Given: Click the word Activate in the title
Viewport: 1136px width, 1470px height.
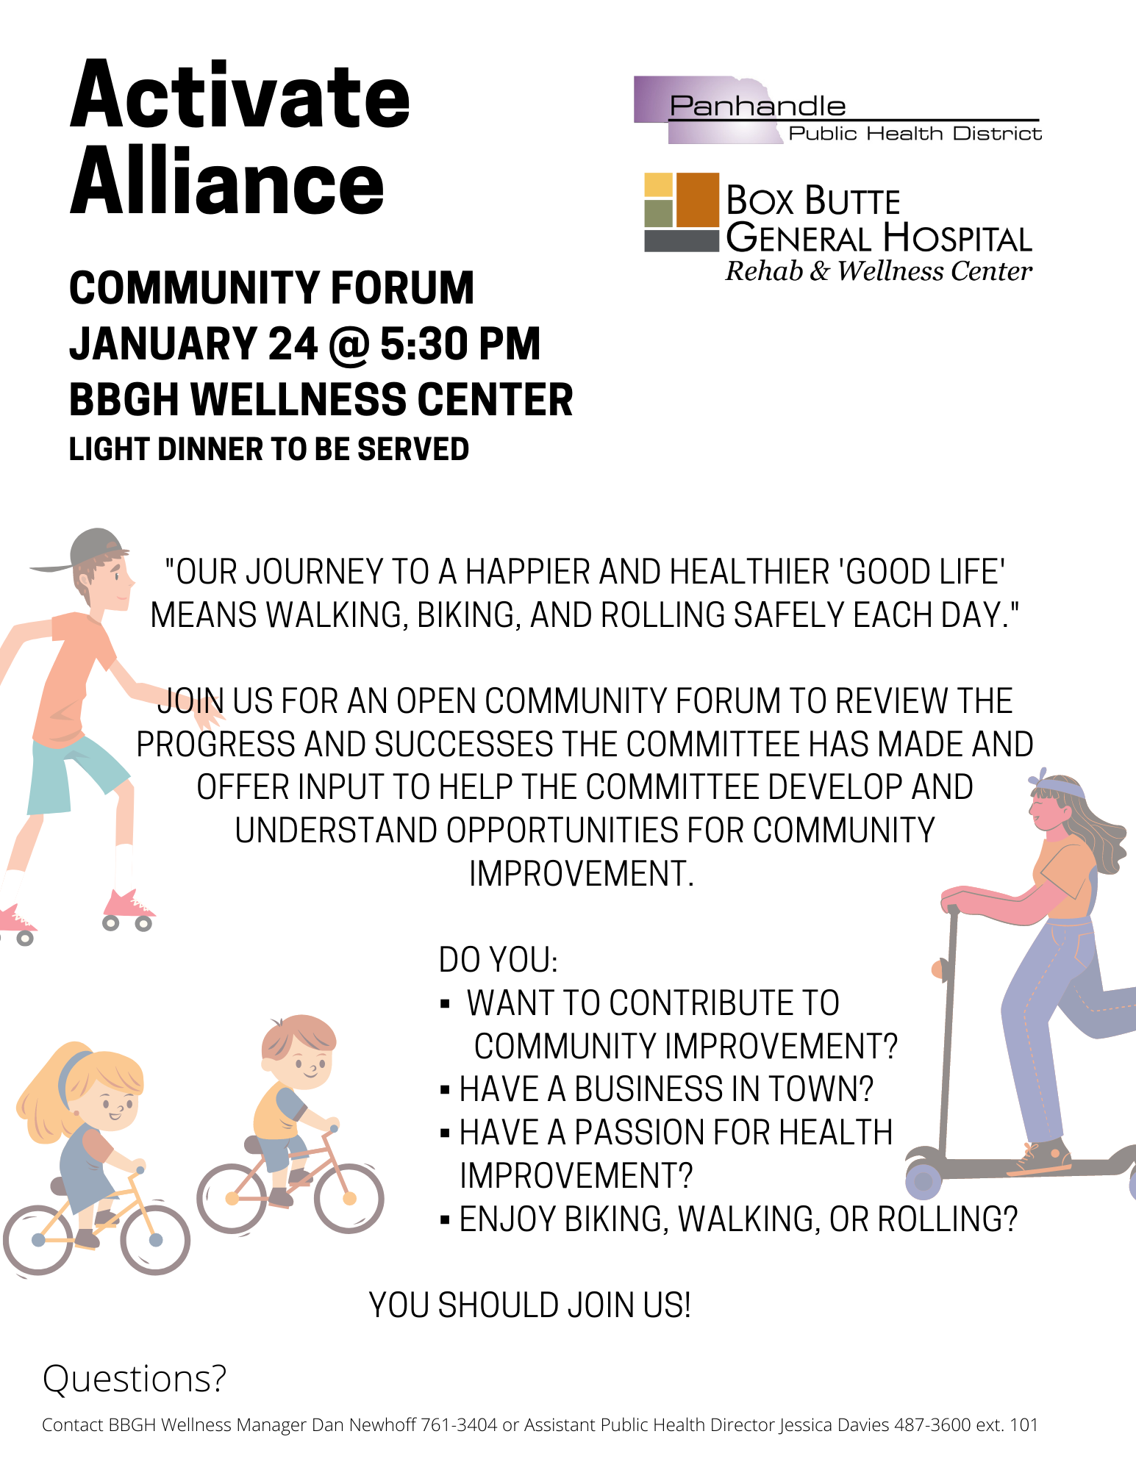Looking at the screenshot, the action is [x=240, y=96].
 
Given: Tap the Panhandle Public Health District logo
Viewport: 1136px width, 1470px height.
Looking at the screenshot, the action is [x=837, y=110].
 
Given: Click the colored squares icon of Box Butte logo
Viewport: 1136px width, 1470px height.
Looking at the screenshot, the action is [x=682, y=212].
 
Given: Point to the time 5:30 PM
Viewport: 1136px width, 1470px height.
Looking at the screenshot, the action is [x=460, y=344].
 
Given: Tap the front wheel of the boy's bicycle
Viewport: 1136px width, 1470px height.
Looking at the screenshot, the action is [x=349, y=1198].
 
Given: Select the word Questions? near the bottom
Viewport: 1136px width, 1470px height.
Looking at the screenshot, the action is [x=135, y=1379].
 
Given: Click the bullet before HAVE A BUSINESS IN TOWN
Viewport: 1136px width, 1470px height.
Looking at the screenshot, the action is [x=444, y=1090].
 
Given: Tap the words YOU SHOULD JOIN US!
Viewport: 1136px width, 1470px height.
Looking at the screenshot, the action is [x=530, y=1305].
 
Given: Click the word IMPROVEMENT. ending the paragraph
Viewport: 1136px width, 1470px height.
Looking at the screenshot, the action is [x=582, y=874].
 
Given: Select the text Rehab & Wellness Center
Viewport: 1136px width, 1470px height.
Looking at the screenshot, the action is [x=879, y=271].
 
